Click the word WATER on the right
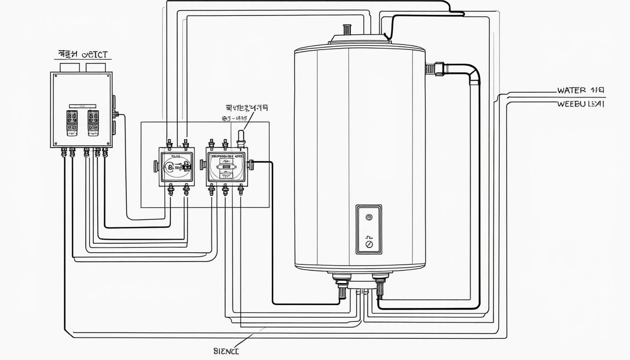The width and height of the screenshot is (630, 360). (571, 90)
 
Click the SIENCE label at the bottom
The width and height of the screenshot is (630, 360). (226, 351)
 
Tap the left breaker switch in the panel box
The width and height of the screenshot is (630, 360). (72, 123)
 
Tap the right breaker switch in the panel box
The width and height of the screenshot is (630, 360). (93, 123)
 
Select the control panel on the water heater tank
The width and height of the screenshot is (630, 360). (368, 229)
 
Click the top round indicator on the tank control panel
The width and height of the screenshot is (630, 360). (368, 217)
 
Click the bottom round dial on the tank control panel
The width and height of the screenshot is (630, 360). (368, 244)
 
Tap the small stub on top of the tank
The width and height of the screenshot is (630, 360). (347, 30)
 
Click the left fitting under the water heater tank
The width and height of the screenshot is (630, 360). (342, 285)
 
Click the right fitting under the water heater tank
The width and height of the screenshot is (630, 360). (380, 285)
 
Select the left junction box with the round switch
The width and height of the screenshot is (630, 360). (176, 166)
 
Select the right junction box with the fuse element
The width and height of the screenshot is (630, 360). (226, 166)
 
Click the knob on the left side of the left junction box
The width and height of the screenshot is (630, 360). (156, 165)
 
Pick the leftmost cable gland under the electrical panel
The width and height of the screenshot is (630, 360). (64, 152)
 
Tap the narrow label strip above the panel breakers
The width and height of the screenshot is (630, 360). (82, 106)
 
